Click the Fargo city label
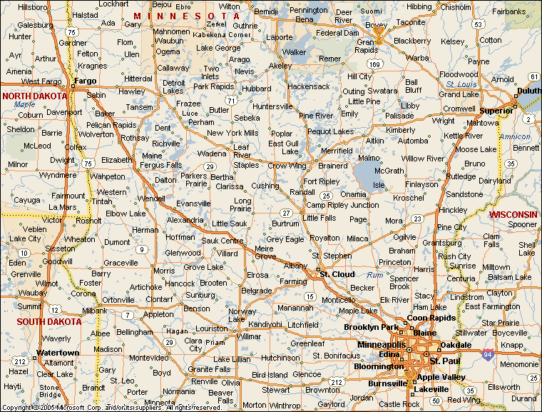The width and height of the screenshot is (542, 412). tap(85, 81)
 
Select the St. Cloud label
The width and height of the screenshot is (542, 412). tap(337, 274)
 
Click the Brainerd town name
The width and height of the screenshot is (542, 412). tap(332, 166)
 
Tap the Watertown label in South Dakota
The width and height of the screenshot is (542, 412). tap(58, 353)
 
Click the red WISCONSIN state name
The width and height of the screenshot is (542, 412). tap(513, 214)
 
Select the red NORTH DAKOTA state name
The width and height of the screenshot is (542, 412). tap(34, 96)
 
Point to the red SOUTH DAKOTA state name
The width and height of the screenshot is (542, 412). tap(48, 321)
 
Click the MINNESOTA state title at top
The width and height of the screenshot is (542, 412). tap(187, 16)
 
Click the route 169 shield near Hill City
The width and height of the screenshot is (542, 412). tap(374, 64)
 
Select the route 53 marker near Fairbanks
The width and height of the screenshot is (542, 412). tap(477, 24)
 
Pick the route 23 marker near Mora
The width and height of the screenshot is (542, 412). tap(416, 218)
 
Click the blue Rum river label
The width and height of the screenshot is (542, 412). tap(374, 275)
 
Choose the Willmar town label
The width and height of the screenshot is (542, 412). tap(249, 335)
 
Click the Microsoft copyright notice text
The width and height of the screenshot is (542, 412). tap(111, 408)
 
